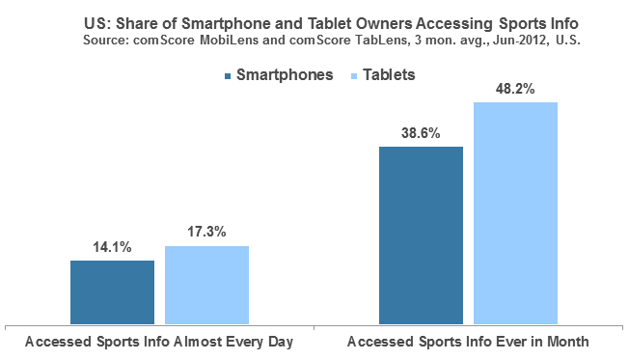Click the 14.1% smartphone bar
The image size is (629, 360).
click(x=112, y=292)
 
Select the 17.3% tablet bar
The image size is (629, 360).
click(x=207, y=285)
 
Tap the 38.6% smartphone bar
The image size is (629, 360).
click(x=421, y=235)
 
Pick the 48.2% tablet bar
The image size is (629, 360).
click(x=515, y=213)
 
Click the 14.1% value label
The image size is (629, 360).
click(x=112, y=247)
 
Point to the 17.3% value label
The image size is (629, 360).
click(x=207, y=232)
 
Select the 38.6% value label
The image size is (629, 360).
click(x=421, y=133)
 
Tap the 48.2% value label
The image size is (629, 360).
click(x=515, y=89)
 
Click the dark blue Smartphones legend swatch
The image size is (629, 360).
click(x=228, y=76)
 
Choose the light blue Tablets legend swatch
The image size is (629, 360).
click(x=354, y=76)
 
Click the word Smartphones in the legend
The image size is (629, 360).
click(x=285, y=75)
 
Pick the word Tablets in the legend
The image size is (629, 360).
click(x=389, y=75)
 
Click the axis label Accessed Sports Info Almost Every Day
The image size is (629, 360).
click(x=159, y=342)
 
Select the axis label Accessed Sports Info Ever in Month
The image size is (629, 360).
click(x=468, y=342)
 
